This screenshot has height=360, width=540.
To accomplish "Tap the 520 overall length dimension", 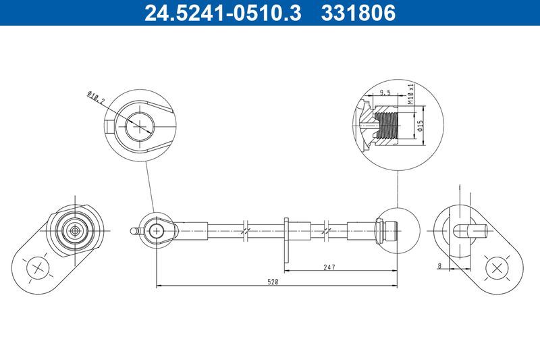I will click(273, 281).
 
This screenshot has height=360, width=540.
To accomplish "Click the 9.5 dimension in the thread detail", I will click(386, 93).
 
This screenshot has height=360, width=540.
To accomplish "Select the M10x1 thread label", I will click(410, 93).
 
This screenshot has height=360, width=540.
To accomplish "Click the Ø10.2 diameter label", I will click(96, 99).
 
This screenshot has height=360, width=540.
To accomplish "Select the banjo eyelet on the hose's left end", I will click(157, 230).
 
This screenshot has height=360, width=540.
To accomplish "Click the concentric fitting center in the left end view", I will click(74, 230).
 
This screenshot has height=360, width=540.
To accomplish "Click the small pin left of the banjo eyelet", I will click(134, 230).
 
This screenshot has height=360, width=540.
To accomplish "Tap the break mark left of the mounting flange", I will click(246, 230).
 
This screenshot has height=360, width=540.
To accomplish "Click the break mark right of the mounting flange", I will click(327, 230).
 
